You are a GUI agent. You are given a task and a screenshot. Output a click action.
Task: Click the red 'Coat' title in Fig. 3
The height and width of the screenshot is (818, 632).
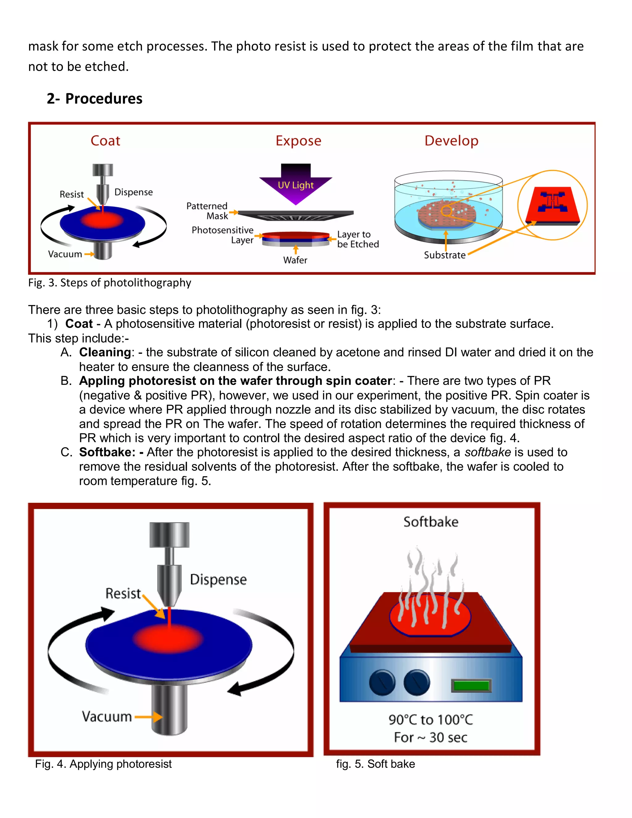pyautogui.click(x=105, y=141)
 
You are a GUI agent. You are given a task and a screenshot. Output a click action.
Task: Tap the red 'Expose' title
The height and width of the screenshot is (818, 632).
pyautogui.click(x=298, y=141)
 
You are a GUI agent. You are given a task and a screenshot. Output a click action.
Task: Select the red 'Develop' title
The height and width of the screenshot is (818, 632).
pyautogui.click(x=451, y=141)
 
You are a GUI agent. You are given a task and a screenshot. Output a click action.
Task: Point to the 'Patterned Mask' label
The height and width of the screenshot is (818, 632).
pyautogui.click(x=207, y=211)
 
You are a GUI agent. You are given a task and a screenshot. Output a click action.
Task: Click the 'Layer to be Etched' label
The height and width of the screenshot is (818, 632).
pyautogui.click(x=358, y=239)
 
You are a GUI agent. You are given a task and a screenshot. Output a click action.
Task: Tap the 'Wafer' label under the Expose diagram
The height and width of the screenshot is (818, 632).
pyautogui.click(x=295, y=260)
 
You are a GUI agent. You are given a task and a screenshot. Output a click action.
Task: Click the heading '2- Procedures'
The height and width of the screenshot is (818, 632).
pyautogui.click(x=94, y=98)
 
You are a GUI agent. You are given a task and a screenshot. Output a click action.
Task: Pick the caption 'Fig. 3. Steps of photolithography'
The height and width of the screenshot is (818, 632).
pyautogui.click(x=110, y=282)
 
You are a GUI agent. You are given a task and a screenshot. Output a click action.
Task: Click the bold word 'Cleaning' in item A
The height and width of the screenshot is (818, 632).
pyautogui.click(x=105, y=353)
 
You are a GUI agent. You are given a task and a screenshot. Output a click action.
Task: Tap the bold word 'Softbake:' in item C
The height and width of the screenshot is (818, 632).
pyautogui.click(x=107, y=453)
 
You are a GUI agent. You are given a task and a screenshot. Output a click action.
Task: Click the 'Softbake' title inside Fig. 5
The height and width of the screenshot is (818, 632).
pyautogui.click(x=430, y=522)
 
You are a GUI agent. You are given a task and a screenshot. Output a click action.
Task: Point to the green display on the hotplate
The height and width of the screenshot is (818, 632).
pyautogui.click(x=471, y=686)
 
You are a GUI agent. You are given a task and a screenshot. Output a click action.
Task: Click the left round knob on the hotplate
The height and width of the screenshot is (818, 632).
pyautogui.click(x=382, y=683)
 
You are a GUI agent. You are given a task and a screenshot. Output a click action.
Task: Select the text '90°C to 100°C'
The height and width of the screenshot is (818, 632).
pyautogui.click(x=430, y=720)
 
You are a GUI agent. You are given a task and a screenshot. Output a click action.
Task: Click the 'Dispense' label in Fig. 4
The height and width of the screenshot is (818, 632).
pyautogui.click(x=218, y=579)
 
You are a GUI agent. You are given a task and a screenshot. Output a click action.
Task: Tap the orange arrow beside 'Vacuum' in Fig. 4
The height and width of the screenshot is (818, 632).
pyautogui.click(x=149, y=717)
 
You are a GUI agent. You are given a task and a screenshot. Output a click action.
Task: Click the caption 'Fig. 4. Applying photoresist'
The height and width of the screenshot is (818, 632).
pyautogui.click(x=103, y=764)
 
